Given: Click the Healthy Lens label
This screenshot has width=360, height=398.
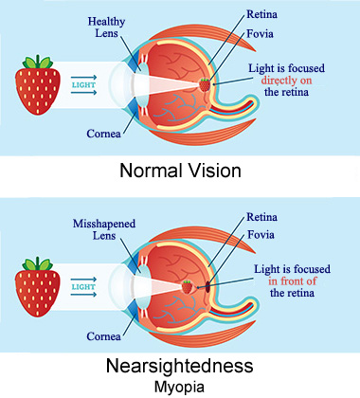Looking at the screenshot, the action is [106, 27].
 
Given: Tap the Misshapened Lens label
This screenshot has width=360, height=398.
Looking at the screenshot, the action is [104, 229].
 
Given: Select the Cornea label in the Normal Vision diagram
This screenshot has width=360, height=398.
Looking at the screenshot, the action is [103, 134].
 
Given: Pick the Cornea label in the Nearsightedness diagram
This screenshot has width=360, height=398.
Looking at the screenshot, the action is [103, 336].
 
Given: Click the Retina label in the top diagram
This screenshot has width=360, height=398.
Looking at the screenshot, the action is [261, 14].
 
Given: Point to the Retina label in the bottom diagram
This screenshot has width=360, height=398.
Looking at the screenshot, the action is [261, 217].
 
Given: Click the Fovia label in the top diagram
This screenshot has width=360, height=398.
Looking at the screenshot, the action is [260, 34].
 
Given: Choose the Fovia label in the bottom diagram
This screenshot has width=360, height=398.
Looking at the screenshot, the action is [261, 235].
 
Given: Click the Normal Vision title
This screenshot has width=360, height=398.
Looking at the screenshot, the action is [180, 171].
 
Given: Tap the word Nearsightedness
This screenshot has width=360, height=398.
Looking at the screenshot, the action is [180, 366].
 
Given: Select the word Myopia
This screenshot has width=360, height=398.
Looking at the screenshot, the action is [179, 387].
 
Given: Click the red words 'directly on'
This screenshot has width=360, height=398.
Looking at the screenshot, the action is [286, 81].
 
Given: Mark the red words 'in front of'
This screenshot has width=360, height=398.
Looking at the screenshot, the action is [293, 280].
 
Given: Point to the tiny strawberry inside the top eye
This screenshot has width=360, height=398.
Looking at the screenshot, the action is [205, 84].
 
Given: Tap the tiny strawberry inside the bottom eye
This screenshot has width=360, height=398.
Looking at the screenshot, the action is [187, 287].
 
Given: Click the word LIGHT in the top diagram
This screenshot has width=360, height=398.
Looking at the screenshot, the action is [83, 85].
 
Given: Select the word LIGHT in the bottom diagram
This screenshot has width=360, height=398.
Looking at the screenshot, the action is [83, 287].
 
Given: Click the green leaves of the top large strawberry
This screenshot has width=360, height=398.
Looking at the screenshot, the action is [38, 63].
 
